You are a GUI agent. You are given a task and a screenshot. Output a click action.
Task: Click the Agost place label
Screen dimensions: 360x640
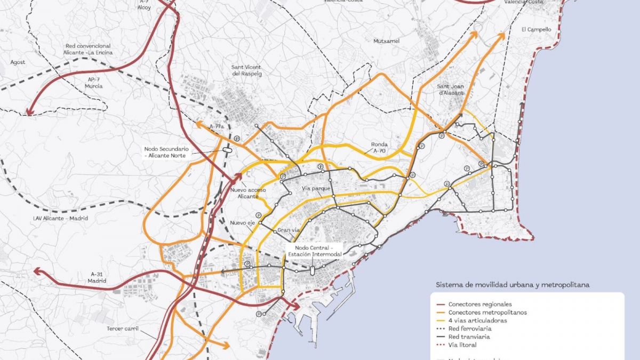coord(18,62)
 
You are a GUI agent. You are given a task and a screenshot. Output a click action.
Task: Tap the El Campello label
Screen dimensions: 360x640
coord(536,30)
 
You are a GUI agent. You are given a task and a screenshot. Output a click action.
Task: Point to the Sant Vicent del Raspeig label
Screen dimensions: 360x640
coord(246,71)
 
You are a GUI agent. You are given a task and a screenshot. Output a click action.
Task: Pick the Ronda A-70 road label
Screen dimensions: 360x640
coord(380,148)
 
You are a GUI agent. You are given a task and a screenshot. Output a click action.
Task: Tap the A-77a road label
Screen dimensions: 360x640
coord(216,126)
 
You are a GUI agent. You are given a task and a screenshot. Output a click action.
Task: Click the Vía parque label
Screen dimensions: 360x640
coord(316,189)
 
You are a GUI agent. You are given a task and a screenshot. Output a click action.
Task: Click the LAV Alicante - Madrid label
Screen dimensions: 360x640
coord(59,218)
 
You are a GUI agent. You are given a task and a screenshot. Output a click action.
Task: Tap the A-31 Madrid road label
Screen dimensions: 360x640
coord(97,277)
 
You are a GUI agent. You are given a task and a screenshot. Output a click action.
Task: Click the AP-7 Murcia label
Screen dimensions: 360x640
coord(93,83)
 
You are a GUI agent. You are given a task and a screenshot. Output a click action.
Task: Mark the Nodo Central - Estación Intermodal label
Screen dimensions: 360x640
coord(313,251)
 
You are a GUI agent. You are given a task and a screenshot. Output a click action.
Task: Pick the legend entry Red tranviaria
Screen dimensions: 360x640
coord(469,337)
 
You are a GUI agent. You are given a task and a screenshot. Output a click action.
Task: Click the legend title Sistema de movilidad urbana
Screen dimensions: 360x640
coord(512,285)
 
